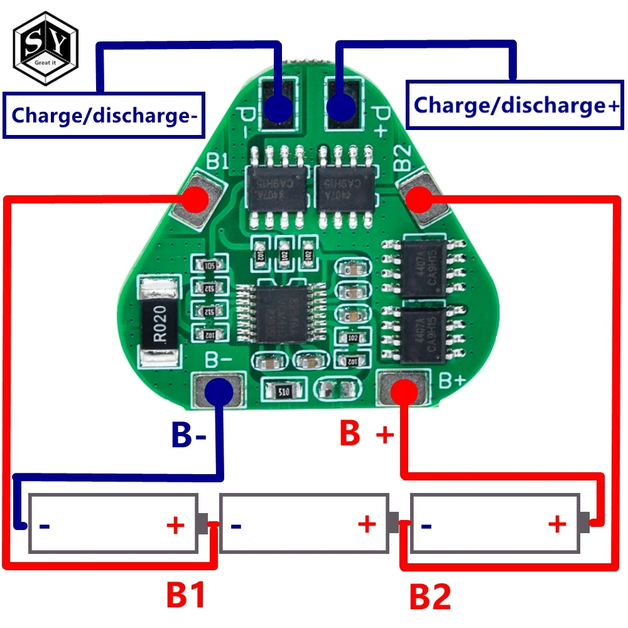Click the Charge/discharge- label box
point(104,115)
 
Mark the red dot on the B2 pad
point(419,200)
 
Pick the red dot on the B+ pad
point(403,391)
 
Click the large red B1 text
point(186,595)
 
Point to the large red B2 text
point(430,597)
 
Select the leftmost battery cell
point(113,522)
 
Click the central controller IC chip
point(281,313)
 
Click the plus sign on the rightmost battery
point(556,523)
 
